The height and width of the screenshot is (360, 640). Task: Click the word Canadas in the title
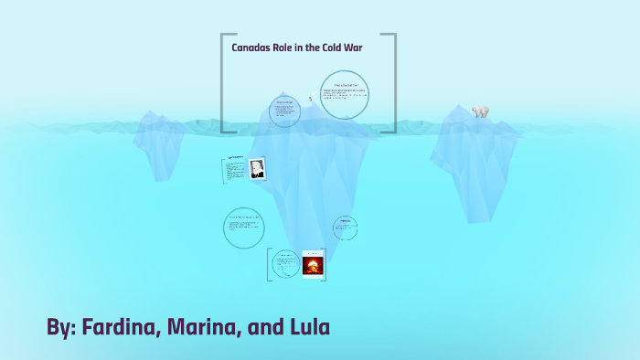[252, 48]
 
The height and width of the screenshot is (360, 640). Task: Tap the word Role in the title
[291, 48]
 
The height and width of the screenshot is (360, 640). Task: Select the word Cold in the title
[336, 48]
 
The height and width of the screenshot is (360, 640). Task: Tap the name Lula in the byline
[308, 327]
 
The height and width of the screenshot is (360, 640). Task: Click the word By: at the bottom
[62, 327]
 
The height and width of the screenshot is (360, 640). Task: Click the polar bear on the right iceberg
[480, 111]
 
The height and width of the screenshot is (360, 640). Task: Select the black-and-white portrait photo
[257, 168]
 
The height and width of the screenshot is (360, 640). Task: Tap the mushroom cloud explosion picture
[314, 264]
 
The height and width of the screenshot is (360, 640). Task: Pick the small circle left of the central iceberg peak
[285, 111]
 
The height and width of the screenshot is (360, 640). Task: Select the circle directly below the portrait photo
[243, 227]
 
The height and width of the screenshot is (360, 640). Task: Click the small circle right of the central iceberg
[346, 227]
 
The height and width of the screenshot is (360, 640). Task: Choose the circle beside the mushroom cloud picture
[284, 264]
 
